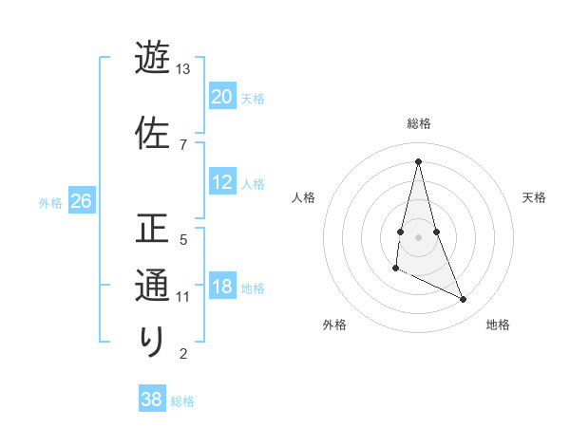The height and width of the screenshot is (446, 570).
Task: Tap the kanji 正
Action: (152, 231)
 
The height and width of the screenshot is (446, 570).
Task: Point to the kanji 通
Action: (152, 286)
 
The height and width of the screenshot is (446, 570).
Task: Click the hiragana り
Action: (152, 341)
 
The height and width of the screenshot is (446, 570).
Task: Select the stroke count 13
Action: (183, 69)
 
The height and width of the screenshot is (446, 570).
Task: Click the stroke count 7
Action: (182, 144)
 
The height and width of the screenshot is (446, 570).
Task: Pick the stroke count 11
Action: (183, 297)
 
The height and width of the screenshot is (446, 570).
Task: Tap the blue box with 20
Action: (222, 97)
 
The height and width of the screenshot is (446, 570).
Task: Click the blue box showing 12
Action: (222, 182)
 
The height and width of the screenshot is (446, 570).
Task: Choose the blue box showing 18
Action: (222, 287)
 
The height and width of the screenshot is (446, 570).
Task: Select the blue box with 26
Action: (81, 201)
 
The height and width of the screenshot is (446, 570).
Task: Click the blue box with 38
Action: (152, 400)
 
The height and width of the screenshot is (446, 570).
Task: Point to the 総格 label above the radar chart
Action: (419, 123)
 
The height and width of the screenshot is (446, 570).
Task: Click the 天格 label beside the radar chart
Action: (534, 197)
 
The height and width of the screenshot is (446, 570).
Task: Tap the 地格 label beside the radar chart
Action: (498, 325)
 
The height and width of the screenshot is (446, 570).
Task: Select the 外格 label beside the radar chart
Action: (334, 325)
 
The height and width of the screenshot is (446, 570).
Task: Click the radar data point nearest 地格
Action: (464, 299)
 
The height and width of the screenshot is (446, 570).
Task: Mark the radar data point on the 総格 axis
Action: (418, 161)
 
